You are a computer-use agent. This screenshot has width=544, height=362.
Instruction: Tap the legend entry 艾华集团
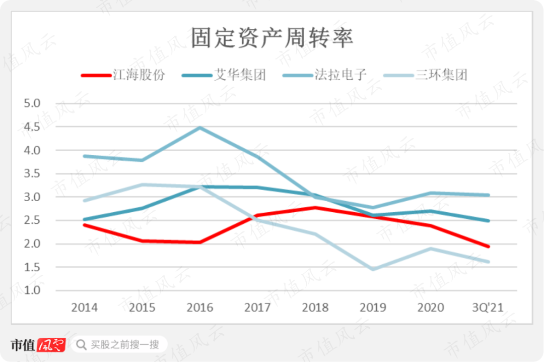[240, 76]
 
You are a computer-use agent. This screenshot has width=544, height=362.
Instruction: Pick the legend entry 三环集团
[441, 76]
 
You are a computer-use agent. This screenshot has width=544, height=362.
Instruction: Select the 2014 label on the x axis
[85, 307]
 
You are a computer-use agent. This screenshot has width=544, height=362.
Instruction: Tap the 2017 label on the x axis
[257, 307]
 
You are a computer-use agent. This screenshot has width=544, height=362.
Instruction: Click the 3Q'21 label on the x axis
[488, 307]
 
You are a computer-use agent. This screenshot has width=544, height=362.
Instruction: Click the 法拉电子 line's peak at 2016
[200, 128]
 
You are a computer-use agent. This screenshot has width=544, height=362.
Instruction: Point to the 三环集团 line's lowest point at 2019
[373, 269]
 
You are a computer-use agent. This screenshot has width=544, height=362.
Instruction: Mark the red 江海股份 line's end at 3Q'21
[488, 247]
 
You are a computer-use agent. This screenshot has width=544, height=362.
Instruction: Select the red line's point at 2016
[200, 243]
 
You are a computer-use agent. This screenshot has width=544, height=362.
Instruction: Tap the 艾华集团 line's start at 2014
[85, 219]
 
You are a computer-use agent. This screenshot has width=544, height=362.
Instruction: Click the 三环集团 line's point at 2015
[142, 185]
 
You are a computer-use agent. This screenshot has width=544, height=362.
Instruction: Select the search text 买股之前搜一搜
[124, 345]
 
